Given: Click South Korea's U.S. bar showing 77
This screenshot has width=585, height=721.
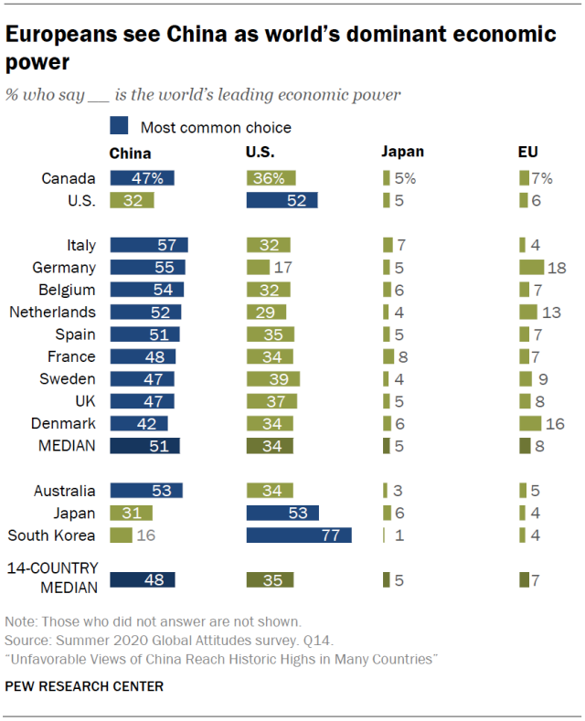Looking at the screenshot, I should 299,535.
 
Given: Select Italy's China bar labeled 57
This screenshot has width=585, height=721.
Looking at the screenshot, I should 148,245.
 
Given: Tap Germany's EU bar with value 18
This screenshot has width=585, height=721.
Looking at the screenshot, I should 532,268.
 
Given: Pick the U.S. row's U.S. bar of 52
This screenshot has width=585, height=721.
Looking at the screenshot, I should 282,201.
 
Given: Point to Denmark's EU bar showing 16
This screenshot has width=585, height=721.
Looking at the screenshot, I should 530,424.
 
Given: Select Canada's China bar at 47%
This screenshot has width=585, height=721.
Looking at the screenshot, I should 142,178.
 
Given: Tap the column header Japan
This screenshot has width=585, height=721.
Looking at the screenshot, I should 403,153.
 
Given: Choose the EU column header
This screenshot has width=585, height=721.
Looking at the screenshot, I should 528,153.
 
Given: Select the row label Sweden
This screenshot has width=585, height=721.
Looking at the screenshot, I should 68,379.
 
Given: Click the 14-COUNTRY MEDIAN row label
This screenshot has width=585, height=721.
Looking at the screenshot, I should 51,578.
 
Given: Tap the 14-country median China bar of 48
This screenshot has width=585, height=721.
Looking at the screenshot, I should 142,579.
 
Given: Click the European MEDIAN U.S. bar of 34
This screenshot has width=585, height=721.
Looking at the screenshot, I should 270,446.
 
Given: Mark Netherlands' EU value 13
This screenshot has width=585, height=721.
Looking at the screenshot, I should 551,313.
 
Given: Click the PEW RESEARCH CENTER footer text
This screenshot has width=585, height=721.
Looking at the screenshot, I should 85,685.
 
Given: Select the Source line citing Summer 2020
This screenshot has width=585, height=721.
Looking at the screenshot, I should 134,639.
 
